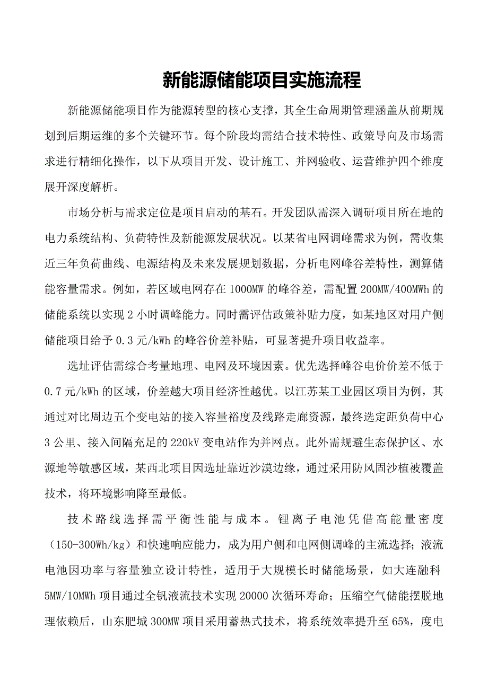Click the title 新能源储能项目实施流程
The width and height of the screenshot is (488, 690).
click(x=261, y=81)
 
